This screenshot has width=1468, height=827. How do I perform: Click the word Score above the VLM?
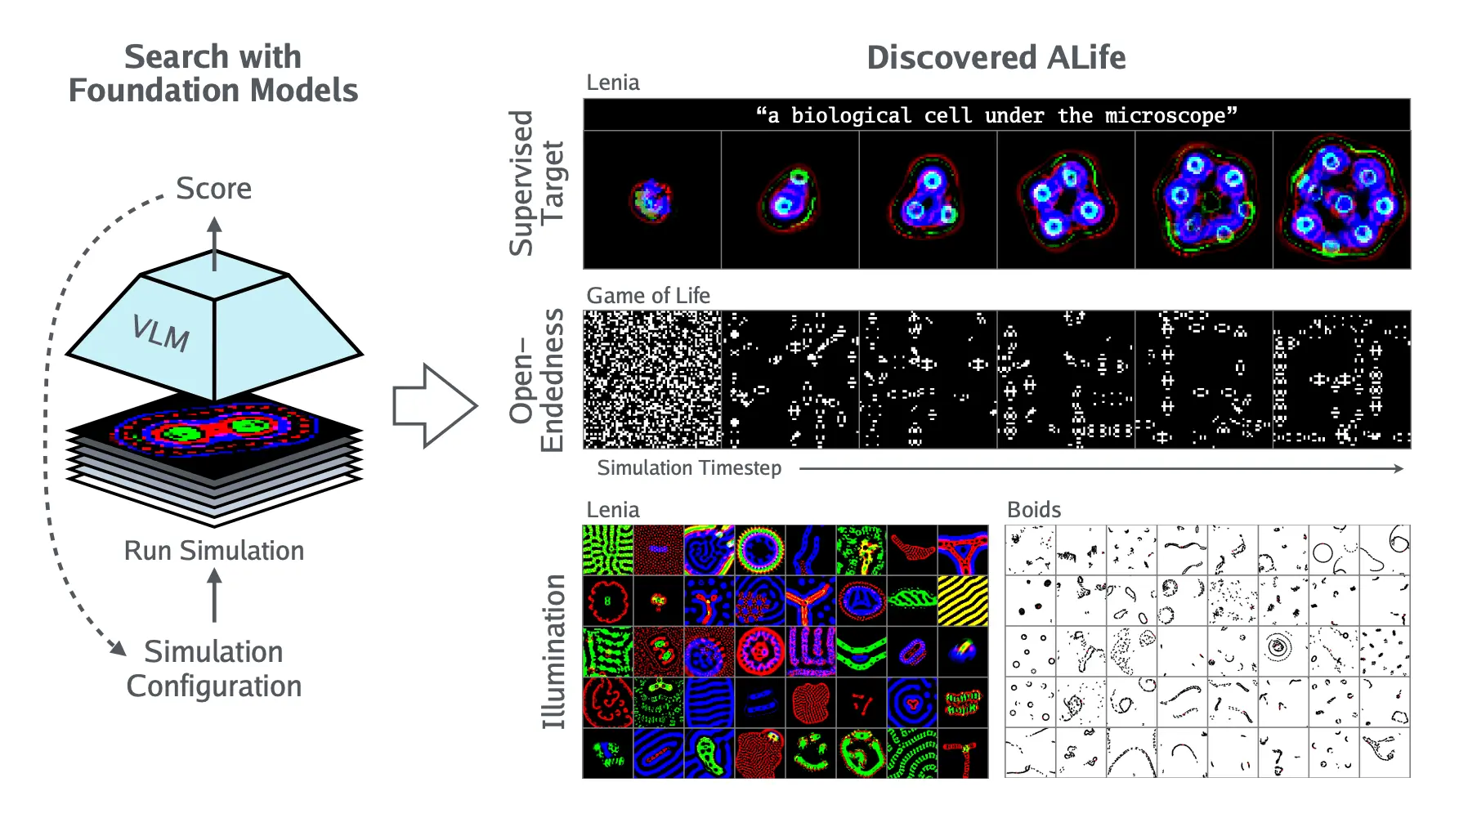pos(214,189)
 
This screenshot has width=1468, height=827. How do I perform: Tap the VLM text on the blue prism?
pos(161,333)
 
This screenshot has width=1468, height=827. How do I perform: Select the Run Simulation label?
pos(214,551)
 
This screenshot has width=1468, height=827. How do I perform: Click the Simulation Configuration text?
pos(214,668)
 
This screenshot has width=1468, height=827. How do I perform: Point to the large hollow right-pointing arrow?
pos(435,405)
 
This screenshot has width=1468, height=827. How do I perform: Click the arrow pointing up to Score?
pos(214,244)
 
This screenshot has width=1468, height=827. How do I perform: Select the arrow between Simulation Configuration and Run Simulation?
pos(214,596)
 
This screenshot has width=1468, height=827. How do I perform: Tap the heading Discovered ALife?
pos(996,58)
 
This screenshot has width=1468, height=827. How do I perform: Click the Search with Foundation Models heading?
pos(213,74)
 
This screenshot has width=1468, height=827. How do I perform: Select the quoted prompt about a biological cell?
pos(996,115)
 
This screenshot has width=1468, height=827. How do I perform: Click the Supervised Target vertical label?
pos(536,183)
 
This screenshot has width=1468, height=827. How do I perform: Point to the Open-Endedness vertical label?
pos(536,380)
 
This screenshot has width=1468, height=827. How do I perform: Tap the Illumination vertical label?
pos(553,651)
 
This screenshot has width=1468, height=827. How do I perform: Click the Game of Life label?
pos(648,295)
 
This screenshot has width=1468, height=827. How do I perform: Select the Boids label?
pos(1034,510)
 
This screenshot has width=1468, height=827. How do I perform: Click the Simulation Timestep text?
pos(689,468)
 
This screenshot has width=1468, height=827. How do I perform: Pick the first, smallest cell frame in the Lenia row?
pos(652,200)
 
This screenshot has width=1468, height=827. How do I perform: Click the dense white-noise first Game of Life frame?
pos(652,380)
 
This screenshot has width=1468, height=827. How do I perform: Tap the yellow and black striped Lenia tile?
pos(963,601)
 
